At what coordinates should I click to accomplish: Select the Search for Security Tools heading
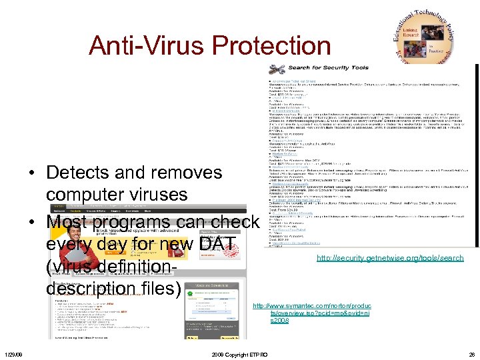(328, 68)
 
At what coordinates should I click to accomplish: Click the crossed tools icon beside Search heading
(277, 69)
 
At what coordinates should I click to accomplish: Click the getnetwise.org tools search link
(390, 258)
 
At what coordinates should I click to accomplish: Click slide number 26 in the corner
(471, 355)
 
